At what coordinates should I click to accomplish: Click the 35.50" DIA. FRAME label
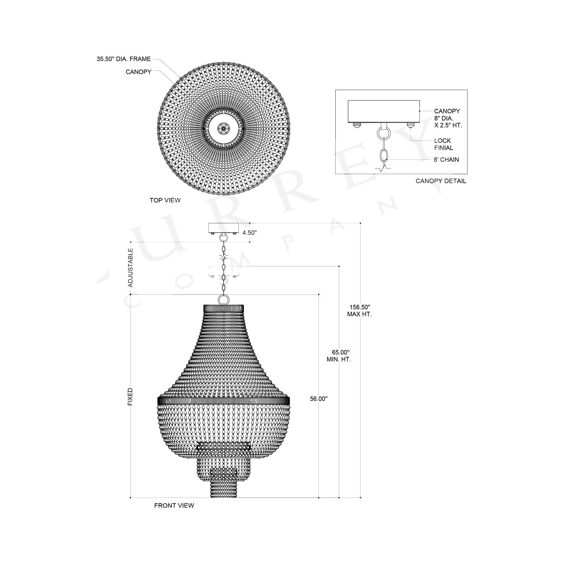pos(124,59)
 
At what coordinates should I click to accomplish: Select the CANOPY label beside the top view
pos(138,72)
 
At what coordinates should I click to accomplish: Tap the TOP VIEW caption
pos(165,200)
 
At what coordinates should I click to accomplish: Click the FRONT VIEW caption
pos(174,505)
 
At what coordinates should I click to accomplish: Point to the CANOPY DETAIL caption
pos(441,181)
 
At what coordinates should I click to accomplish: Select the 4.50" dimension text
pos(249,233)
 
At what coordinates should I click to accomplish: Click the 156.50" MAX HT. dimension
pos(359,311)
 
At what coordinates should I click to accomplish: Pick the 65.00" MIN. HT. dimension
pos(339,356)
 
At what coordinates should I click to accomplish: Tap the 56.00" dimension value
pos(319,399)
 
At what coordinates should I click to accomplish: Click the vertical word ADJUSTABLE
pos(130,268)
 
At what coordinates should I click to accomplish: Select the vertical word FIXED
pos(130,397)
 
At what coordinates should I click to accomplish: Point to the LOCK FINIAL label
pos(443,144)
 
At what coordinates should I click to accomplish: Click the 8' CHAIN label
pos(446,159)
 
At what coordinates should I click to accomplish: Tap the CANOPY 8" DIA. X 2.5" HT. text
pos(448,118)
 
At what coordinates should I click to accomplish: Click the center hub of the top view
pos(223,129)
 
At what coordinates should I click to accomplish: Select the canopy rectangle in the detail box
pos(384,111)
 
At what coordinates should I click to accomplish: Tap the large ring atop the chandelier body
pos(223,300)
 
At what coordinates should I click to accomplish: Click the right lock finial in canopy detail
pos(410,125)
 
